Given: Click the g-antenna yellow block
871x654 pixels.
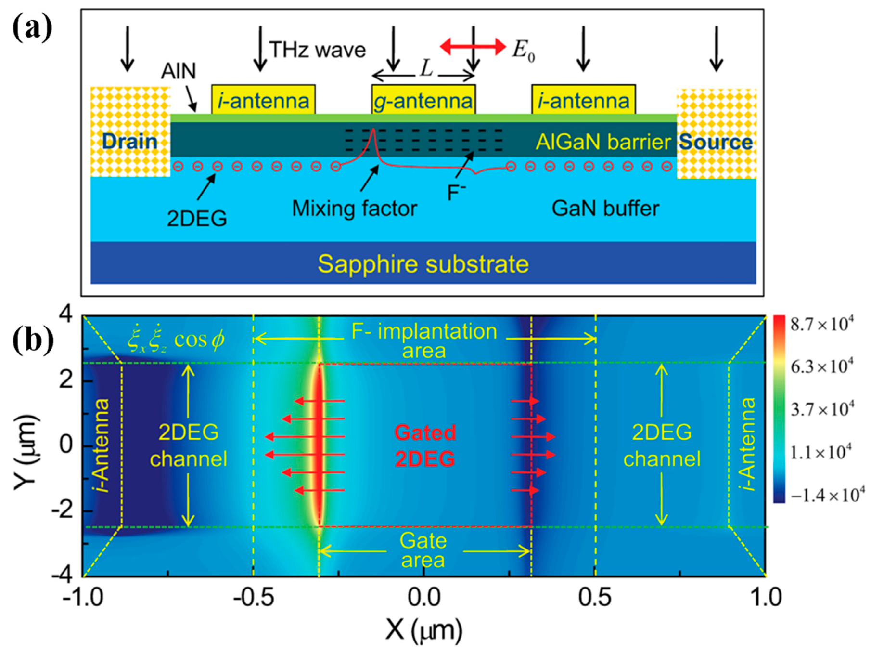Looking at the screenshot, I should click(x=423, y=100).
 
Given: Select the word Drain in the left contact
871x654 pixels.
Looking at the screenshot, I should click(x=129, y=141).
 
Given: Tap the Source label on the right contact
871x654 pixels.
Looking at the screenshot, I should click(x=716, y=142).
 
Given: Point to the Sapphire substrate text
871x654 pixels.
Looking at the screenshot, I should click(x=423, y=264).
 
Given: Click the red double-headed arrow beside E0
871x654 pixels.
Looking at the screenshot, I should click(x=473, y=47).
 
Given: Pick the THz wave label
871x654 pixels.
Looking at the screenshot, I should click(x=317, y=50).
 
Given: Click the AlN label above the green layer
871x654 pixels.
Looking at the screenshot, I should click(x=179, y=71).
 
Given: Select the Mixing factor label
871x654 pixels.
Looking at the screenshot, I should click(x=354, y=209).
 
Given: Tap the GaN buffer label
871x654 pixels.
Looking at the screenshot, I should click(x=605, y=209).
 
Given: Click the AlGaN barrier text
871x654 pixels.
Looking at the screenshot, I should click(x=603, y=142).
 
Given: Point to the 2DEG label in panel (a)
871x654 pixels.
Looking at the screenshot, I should click(x=197, y=219).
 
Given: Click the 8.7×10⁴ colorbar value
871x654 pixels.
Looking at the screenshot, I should click(x=822, y=324).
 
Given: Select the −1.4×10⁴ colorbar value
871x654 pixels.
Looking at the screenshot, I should click(x=827, y=495).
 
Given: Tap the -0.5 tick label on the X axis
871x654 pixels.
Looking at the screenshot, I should click(x=253, y=598).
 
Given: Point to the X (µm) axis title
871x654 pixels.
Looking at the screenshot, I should click(x=423, y=630).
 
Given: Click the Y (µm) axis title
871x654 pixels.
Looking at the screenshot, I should click(x=25, y=451).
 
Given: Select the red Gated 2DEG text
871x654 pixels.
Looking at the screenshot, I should click(x=424, y=445).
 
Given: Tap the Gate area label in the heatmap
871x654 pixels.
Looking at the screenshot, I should click(x=423, y=550).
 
